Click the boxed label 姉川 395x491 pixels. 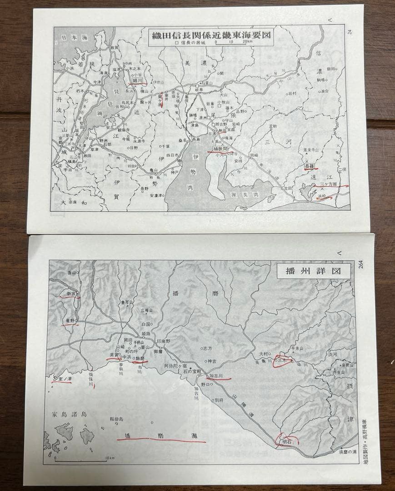(x=138, y=80)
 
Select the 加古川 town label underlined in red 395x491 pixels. (x=217, y=376)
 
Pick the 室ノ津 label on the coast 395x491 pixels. (x=64, y=378)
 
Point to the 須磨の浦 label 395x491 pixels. (x=349, y=451)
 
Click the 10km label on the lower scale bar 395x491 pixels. (x=109, y=458)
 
